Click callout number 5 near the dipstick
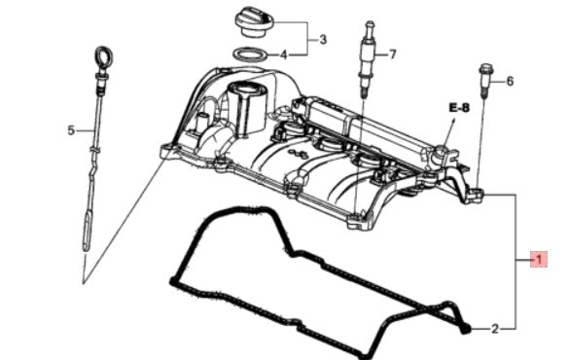point(70,129)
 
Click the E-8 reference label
point(459,108)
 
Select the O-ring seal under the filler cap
point(252,54)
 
